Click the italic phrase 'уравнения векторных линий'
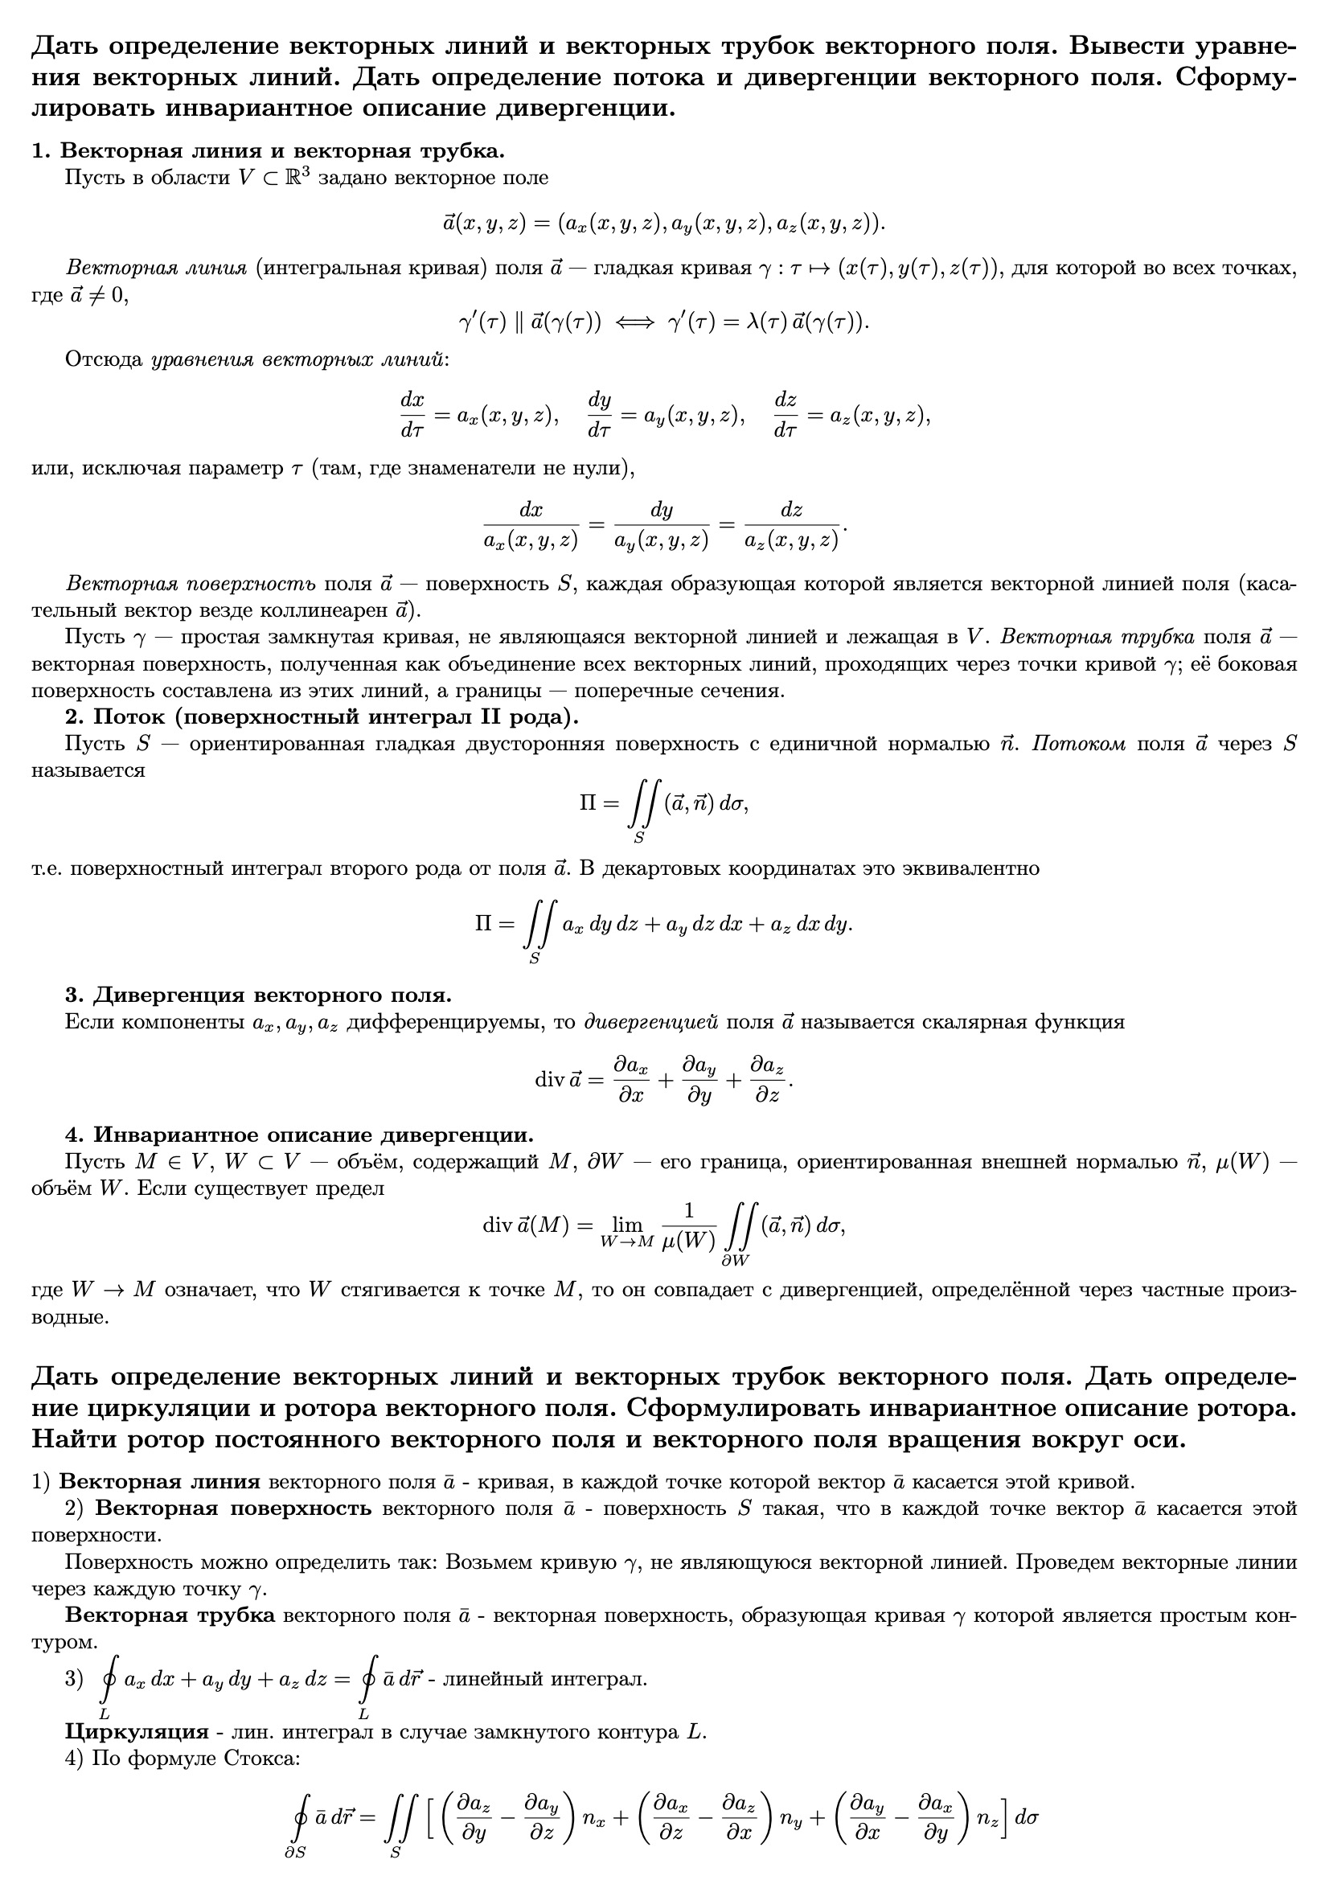tap(298, 359)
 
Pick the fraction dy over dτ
tap(600, 414)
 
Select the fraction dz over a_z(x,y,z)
tap(791, 525)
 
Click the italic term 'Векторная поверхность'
tap(190, 584)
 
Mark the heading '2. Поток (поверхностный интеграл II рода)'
tap(322, 716)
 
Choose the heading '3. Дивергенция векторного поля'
tap(259, 995)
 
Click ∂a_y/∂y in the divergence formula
tap(699, 1080)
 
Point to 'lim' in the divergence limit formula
tap(627, 1225)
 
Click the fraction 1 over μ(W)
tap(688, 1225)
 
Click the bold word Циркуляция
tap(137, 1732)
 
